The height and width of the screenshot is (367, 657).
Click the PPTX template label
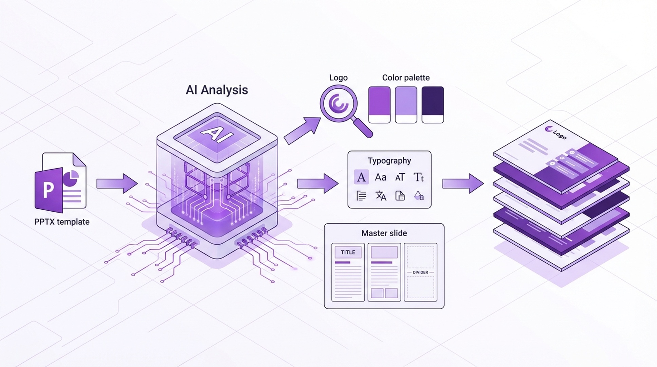[x=62, y=222]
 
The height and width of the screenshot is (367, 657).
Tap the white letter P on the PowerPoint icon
[x=48, y=190]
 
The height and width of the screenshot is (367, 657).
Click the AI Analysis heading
[x=217, y=90]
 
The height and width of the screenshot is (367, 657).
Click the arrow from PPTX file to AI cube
[x=116, y=183]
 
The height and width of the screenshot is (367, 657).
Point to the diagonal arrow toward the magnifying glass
[x=302, y=130]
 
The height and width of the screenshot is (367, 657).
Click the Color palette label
[x=406, y=78]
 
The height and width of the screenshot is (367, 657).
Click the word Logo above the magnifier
[x=338, y=78]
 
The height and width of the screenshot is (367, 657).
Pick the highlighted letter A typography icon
[x=361, y=177]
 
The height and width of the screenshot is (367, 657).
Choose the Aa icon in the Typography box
[x=381, y=177]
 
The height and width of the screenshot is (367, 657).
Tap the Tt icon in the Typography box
[x=419, y=177]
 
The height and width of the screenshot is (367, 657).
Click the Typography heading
[x=389, y=161]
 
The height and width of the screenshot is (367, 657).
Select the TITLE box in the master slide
[x=348, y=252]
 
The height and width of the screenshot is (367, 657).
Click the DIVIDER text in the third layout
[x=420, y=272]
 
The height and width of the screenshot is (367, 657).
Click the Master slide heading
[x=384, y=233]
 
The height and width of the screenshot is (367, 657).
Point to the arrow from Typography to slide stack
[x=462, y=183]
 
